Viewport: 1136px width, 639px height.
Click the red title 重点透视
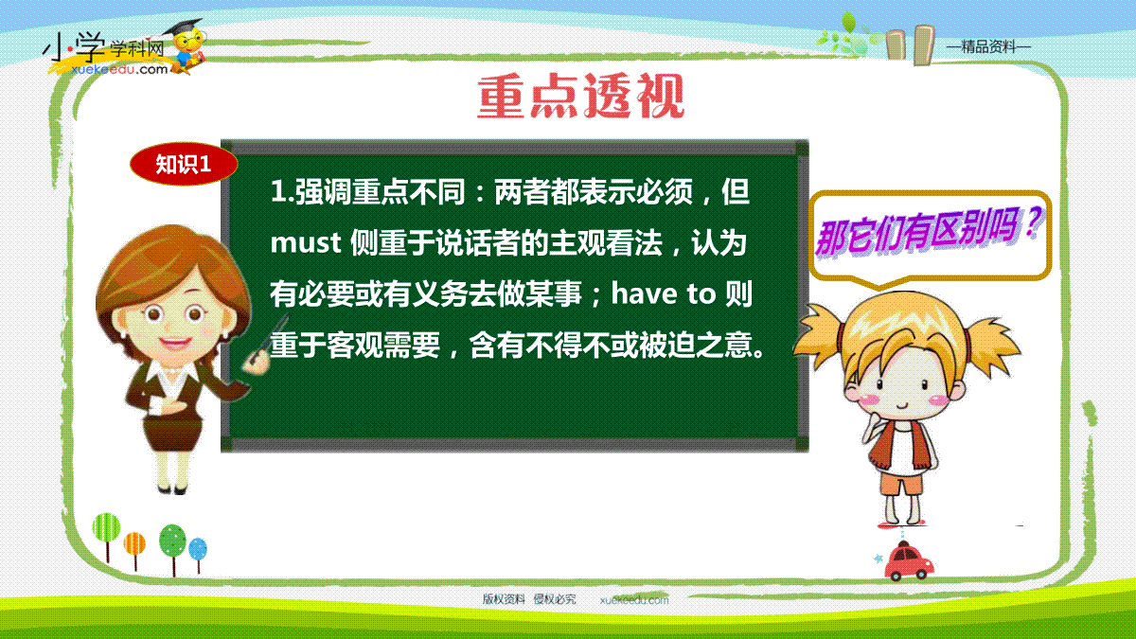pos(580,96)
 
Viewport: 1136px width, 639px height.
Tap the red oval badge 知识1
pos(184,164)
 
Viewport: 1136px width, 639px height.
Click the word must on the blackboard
pos(305,243)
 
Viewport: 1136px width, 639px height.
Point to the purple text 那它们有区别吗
pos(928,233)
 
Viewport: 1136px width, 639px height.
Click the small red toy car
pos(908,562)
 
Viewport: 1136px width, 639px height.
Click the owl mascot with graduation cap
pos(186,46)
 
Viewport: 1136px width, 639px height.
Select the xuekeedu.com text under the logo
pos(119,69)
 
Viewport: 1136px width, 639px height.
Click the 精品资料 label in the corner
pos(989,47)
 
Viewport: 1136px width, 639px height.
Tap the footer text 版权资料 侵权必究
pos(529,599)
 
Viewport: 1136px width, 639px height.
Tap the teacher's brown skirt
pos(171,431)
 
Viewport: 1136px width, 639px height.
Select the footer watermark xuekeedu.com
pos(634,600)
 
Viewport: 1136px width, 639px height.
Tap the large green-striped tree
pos(106,537)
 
